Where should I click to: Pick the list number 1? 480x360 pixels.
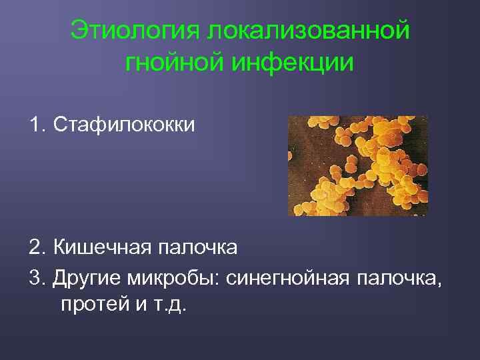pos(35,125)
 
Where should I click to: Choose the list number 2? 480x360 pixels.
pos(35,248)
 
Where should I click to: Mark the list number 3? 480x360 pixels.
pos(35,277)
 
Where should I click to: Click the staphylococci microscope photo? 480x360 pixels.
pos(357,166)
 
